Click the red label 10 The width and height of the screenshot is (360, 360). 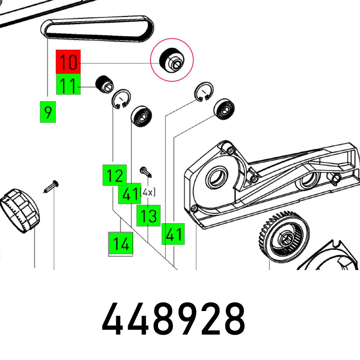point(68,62)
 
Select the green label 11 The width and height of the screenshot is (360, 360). point(68,86)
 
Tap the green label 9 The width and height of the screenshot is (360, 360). point(48,112)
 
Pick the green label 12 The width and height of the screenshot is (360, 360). point(114,175)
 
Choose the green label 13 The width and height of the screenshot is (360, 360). point(148,216)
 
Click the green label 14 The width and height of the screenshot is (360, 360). point(121,244)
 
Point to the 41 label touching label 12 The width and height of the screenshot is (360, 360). point(130,194)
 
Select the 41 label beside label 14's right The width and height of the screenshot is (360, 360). point(173,234)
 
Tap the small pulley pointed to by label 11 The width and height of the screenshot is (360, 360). point(104,84)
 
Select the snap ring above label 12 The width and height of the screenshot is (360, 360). point(121,98)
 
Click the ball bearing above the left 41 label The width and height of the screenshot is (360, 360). point(141,116)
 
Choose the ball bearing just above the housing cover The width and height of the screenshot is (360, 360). point(225,109)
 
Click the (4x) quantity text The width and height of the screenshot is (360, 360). point(148,193)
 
